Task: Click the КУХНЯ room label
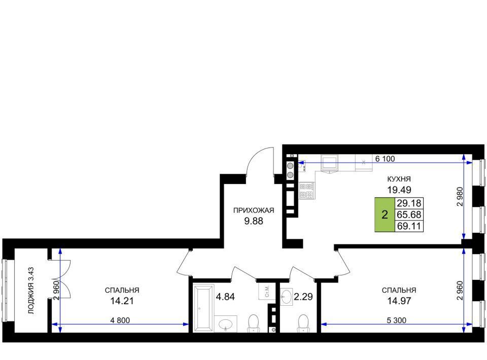point(399,179)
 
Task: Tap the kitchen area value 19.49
point(399,189)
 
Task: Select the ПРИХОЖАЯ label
point(254,211)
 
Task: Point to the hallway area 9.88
point(254,221)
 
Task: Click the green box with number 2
point(385,214)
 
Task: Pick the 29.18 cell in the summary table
point(409,203)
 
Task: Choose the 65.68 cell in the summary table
point(409,214)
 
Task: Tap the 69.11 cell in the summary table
point(409,226)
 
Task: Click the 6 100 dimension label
point(385,159)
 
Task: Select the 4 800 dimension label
point(120,320)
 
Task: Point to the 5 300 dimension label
point(396,320)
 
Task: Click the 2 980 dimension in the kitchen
point(460,196)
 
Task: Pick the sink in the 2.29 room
point(286,297)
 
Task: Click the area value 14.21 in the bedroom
point(122,301)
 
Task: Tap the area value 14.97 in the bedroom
point(399,301)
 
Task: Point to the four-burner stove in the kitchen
point(307,191)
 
